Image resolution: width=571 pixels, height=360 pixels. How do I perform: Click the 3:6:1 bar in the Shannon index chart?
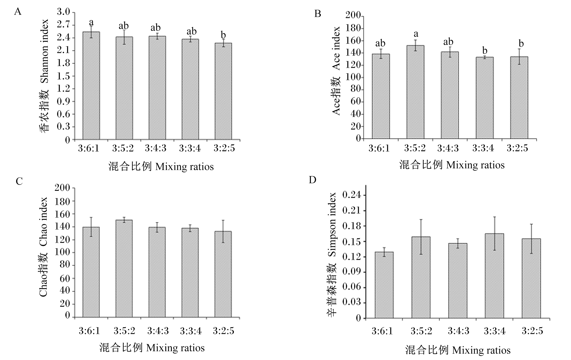91,86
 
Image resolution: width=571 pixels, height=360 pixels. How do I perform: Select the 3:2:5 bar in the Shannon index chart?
223,91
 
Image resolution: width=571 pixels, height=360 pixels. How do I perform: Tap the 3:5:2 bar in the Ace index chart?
415,92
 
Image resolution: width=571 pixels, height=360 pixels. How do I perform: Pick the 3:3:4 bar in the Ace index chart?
484,98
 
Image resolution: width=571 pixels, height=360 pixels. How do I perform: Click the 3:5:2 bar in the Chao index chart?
124,269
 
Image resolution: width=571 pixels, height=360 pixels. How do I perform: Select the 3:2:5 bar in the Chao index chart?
223,274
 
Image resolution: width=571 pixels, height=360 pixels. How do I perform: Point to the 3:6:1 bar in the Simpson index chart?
384,285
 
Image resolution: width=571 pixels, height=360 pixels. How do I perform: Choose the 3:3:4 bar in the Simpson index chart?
494,276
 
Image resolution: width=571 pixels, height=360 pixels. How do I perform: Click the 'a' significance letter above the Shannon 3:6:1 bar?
91,22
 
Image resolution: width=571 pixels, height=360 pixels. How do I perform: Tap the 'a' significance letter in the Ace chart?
416,34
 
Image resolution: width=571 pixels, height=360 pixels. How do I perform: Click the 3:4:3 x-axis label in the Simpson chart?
458,331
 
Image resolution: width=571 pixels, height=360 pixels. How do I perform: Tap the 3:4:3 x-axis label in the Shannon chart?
155,148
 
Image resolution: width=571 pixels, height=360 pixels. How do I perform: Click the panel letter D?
313,180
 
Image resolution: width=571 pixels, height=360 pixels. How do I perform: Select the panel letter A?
18,12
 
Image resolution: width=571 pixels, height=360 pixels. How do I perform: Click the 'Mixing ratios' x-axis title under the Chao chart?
175,348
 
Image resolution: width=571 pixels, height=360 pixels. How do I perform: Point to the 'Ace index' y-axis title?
336,48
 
